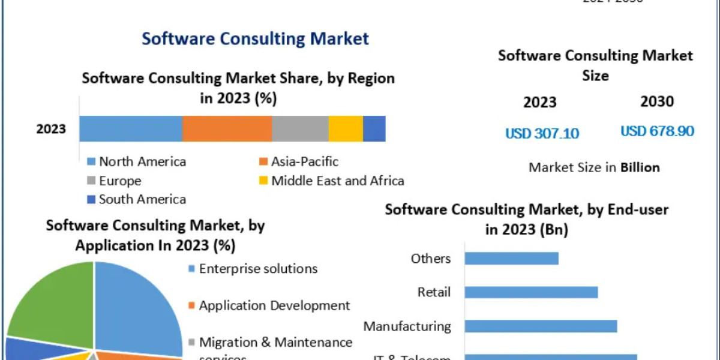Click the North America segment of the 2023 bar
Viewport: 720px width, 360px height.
pos(131,129)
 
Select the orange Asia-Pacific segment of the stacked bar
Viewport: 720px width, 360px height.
pos(227,129)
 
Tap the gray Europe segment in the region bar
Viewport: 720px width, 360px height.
pos(300,129)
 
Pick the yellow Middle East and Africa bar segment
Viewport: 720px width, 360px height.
pos(346,129)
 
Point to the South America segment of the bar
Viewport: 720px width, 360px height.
pos(374,129)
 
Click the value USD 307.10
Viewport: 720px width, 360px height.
pos(542,133)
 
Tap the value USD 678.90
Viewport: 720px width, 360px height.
pos(657,131)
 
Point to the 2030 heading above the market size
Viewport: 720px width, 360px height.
pos(657,102)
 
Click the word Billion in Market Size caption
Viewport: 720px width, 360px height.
pos(640,167)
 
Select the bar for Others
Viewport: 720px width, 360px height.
pos(512,258)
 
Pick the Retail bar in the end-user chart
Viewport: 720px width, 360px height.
pos(531,292)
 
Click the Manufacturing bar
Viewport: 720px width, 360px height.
pos(541,326)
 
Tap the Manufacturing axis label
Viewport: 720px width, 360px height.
pos(407,326)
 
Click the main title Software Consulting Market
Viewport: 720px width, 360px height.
pos(255,39)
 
